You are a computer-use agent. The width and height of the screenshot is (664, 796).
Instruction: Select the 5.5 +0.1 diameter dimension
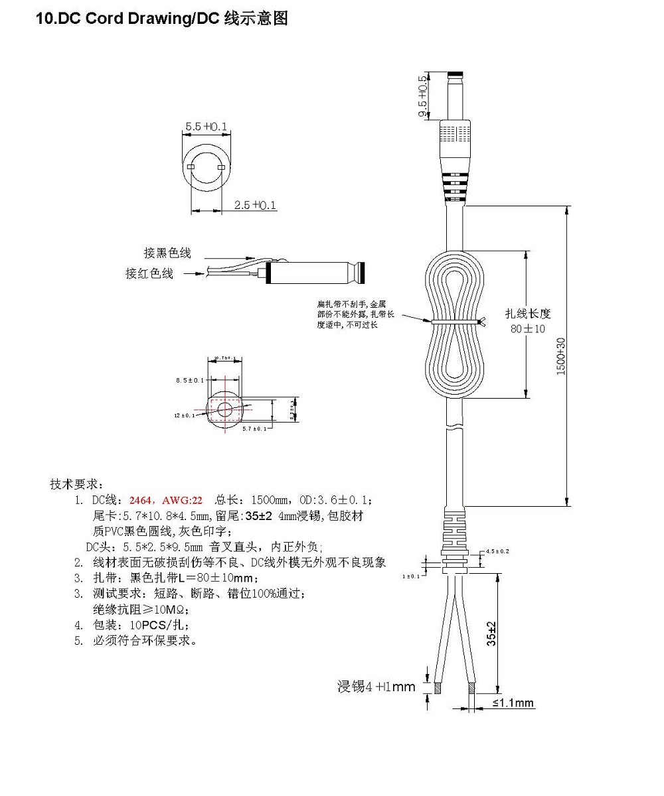(x=206, y=126)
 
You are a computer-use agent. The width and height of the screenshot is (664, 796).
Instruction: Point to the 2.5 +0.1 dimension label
(x=255, y=206)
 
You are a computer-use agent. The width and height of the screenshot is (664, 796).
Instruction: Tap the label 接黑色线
(x=167, y=253)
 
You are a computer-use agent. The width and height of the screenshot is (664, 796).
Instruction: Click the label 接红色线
(x=149, y=273)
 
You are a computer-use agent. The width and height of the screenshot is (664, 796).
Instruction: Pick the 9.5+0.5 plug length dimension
(x=422, y=98)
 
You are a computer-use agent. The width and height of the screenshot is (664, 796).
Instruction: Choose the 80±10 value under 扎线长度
(x=528, y=328)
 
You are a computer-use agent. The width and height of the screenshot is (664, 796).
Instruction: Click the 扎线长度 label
(x=528, y=314)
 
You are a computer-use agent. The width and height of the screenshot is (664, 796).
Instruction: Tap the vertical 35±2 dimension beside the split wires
(x=491, y=633)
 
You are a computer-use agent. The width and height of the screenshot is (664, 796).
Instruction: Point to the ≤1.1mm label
(x=513, y=703)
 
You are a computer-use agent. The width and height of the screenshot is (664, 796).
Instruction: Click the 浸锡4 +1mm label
(x=376, y=687)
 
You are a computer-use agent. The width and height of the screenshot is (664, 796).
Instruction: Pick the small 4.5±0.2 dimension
(x=497, y=551)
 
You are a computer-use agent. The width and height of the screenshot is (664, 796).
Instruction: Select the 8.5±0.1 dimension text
(x=190, y=380)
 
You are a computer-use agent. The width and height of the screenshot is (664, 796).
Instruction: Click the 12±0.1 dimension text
(x=185, y=415)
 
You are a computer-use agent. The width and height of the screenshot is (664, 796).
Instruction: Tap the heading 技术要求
(x=73, y=484)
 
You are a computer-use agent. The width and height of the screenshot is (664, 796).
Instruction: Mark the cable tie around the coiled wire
(x=458, y=322)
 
